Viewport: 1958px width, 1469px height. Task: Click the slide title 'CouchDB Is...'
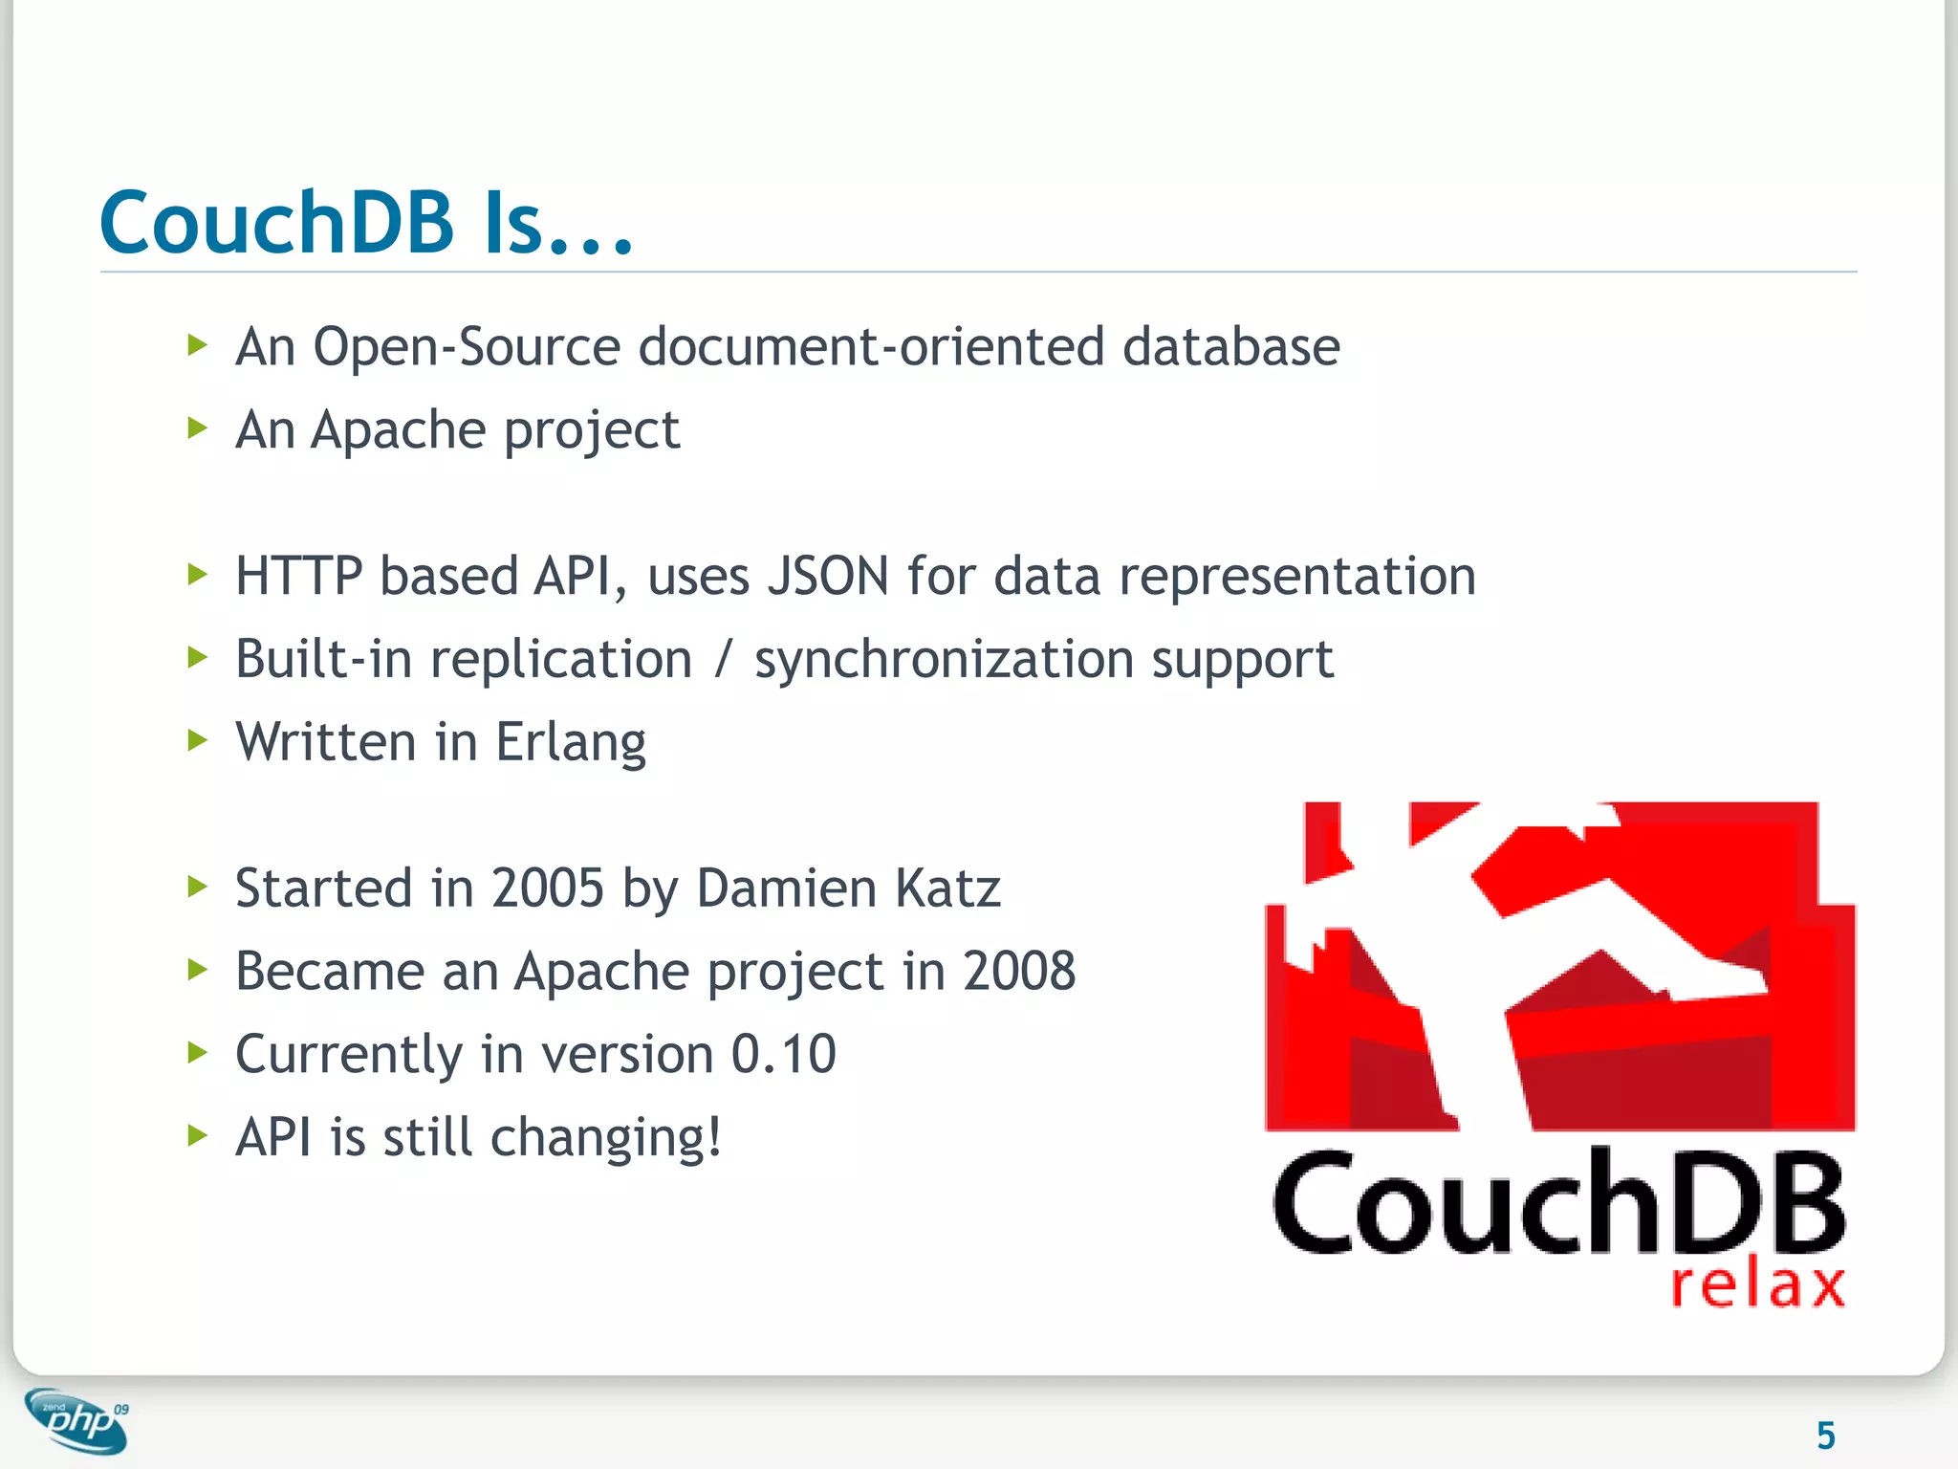[366, 223]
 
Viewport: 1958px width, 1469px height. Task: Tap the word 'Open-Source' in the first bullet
[467, 346]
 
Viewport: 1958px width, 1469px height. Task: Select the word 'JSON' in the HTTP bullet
[828, 577]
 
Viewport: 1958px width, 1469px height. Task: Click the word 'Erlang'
[571, 743]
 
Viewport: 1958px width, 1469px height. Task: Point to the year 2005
[547, 888]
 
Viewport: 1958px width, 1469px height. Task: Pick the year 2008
[1018, 972]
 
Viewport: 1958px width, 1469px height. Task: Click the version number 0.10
[783, 1055]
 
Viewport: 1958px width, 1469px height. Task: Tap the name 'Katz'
[947, 888]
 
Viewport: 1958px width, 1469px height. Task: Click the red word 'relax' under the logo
[1757, 1284]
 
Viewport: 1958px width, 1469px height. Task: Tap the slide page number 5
[1825, 1436]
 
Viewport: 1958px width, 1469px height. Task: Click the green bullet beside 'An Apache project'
[198, 428]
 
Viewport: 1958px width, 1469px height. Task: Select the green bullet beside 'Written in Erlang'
[198, 739]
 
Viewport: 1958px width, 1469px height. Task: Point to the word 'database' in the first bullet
[1230, 346]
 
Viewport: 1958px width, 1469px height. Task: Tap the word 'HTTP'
[298, 577]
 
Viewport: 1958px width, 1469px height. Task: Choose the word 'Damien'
[787, 888]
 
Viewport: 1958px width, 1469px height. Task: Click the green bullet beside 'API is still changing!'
[198, 1135]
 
